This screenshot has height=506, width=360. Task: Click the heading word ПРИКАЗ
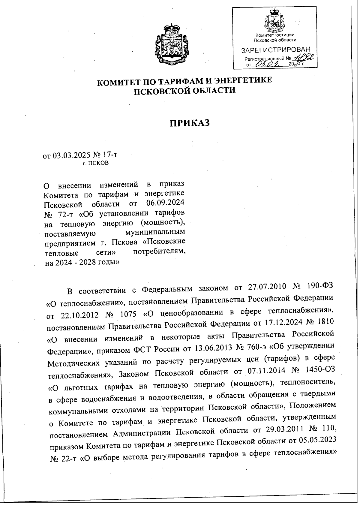189,123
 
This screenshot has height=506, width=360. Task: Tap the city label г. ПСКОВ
96,164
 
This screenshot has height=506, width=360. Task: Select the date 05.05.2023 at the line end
317,440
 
